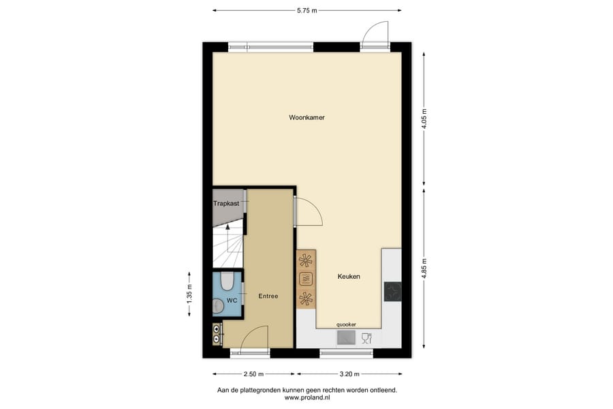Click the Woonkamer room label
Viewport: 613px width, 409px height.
point(306,117)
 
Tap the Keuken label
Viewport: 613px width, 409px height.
point(349,277)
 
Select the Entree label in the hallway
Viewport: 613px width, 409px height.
point(268,297)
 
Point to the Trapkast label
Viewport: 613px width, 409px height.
point(225,204)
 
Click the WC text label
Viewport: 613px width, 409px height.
point(232,300)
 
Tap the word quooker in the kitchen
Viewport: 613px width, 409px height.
point(347,324)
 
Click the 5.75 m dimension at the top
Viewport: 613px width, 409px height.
point(306,11)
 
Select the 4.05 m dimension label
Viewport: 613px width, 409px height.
point(425,119)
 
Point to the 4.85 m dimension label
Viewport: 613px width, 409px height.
point(425,267)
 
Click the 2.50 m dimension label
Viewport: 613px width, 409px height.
point(253,374)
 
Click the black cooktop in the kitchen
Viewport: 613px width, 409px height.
point(392,291)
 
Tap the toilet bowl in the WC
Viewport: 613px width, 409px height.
point(228,280)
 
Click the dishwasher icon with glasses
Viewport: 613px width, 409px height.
point(366,337)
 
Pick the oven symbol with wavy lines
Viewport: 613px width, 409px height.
point(306,278)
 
